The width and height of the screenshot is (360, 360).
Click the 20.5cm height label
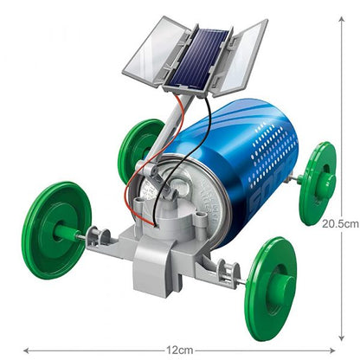coord(339,222)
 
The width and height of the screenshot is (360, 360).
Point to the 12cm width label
coord(179,350)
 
